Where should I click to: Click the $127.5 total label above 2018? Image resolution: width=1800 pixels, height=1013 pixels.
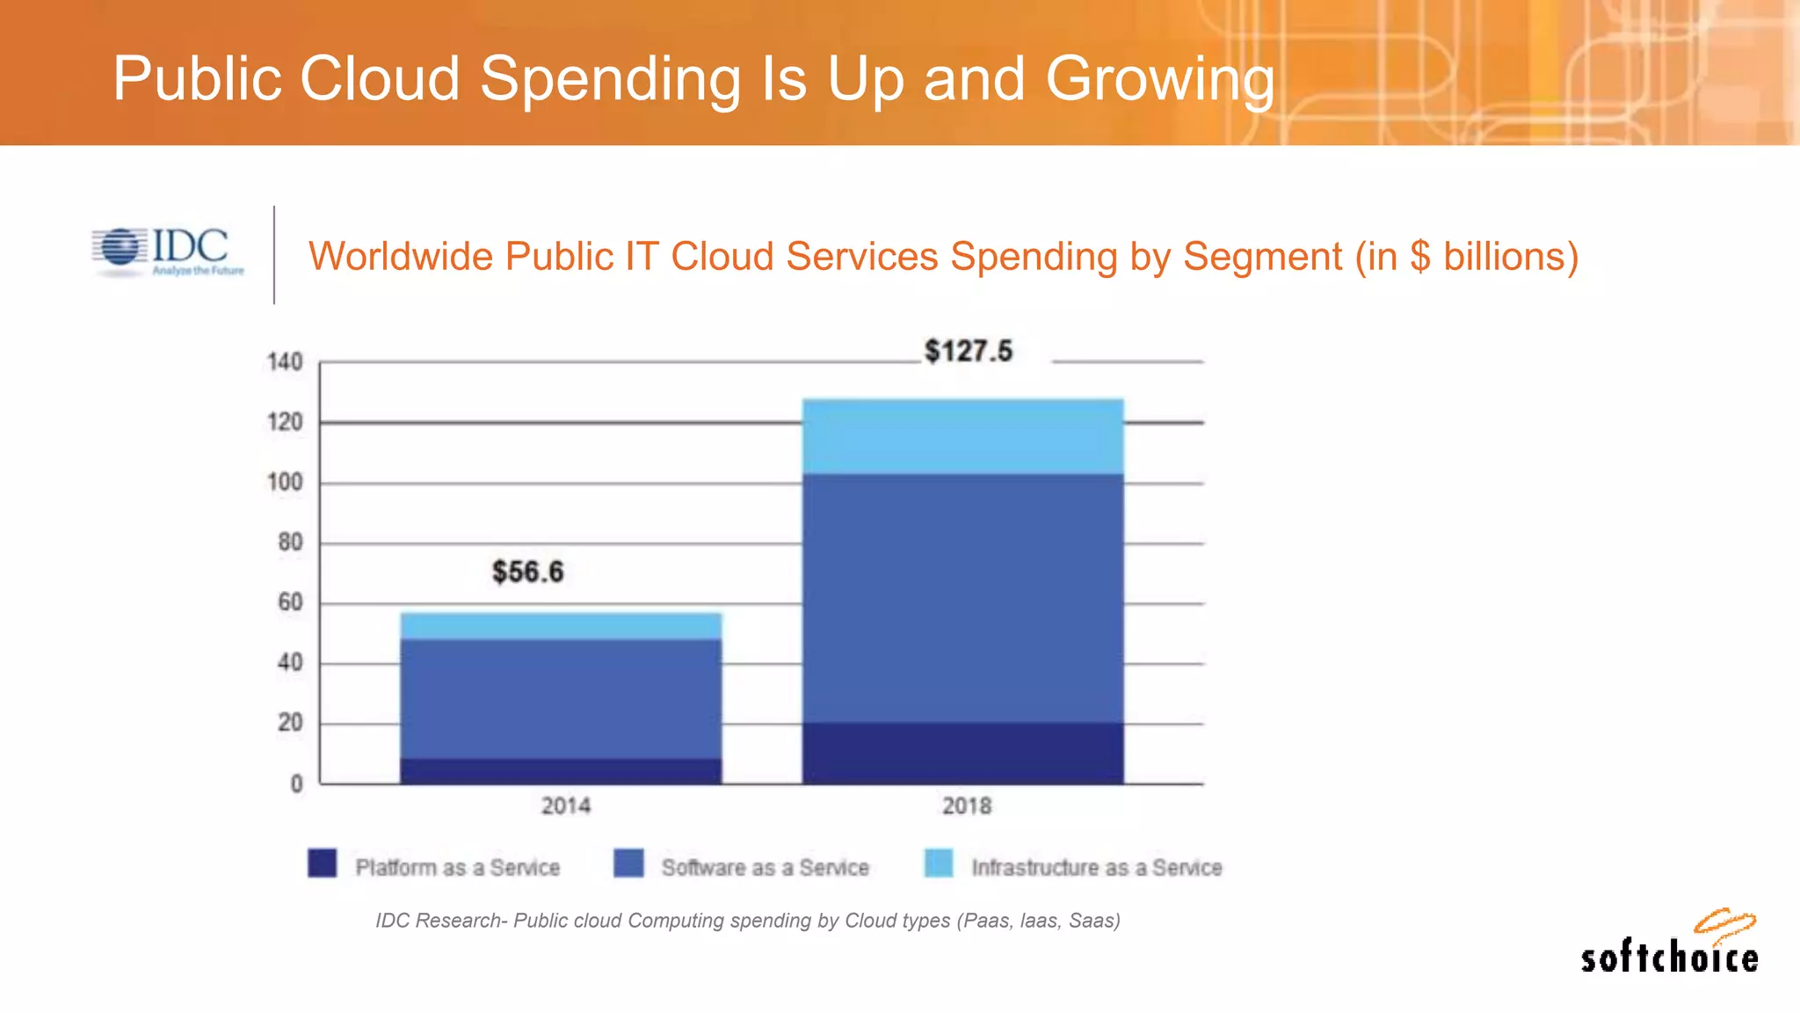pos(968,351)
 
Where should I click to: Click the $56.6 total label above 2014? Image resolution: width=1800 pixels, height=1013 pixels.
pos(527,572)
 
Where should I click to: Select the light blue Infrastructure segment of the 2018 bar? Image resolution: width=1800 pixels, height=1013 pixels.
pos(962,437)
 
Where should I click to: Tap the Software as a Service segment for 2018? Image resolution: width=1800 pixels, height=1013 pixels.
pos(962,598)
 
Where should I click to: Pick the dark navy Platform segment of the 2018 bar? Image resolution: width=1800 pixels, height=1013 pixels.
pos(962,754)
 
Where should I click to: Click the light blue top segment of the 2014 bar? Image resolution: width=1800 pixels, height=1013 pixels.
pos(561,626)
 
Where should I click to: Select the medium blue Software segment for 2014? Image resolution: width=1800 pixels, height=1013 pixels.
pos(561,699)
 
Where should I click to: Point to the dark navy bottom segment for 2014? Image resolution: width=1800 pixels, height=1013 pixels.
pos(561,771)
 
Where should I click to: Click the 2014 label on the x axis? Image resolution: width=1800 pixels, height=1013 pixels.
pos(565,805)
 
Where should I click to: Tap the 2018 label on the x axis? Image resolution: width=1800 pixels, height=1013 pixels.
pos(967,805)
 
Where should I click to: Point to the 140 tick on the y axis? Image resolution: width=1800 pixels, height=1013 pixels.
pos(285,362)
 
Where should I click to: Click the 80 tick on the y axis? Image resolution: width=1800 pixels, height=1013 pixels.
pos(290,543)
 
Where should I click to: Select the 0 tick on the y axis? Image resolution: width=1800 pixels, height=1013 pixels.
pos(297,783)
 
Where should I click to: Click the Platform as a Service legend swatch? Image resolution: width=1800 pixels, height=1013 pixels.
pos(323,863)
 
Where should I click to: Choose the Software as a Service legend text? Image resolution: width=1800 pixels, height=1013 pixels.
pos(765,868)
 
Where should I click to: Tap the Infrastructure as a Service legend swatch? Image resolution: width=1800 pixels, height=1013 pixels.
pos(939,863)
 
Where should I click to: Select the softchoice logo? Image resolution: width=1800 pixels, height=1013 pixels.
pos(1670,945)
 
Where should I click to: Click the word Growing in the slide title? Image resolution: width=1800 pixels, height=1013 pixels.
pos(1160,79)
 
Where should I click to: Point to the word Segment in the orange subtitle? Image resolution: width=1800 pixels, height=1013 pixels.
pos(1261,257)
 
